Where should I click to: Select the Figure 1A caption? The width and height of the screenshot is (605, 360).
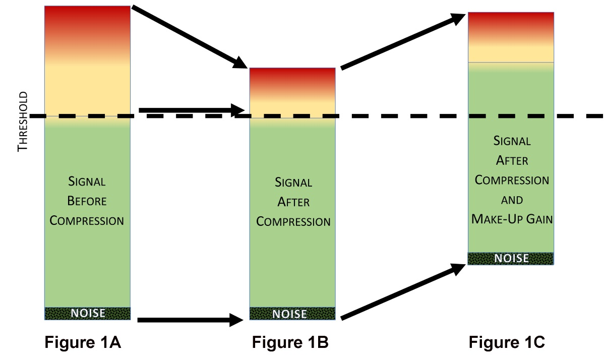[x=83, y=343]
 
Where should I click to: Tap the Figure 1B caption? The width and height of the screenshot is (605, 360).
[x=290, y=343]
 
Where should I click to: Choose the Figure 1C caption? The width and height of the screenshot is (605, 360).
[x=507, y=343]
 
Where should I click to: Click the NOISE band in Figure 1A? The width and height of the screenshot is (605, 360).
[x=88, y=313]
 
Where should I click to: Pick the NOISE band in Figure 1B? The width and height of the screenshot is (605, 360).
[x=292, y=314]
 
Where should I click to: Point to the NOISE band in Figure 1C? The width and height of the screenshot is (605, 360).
[x=511, y=259]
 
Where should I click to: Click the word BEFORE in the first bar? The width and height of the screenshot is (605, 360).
[x=87, y=201]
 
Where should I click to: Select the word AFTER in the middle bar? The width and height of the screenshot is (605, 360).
[x=293, y=202]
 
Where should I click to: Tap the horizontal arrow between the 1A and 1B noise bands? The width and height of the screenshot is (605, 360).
[x=192, y=319]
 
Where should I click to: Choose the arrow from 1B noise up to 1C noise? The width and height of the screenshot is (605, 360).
[x=403, y=291]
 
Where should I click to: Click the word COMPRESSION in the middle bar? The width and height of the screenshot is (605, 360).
[x=293, y=221]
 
